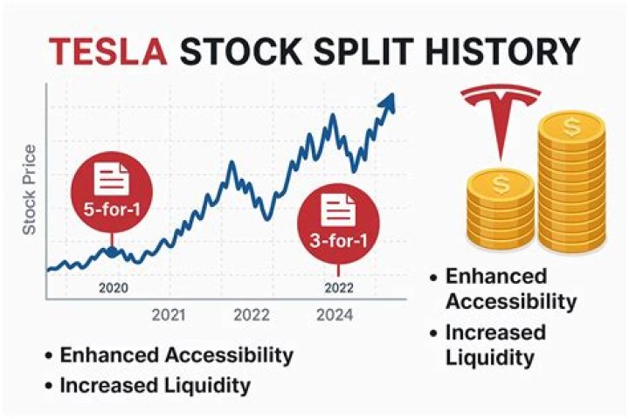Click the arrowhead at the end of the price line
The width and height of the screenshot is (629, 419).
(x=385, y=102)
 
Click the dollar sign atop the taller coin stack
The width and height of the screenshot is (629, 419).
(x=572, y=128)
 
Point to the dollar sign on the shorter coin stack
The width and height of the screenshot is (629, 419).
(x=501, y=184)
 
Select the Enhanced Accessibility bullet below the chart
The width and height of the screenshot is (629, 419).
(x=175, y=355)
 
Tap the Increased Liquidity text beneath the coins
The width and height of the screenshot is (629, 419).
(x=495, y=345)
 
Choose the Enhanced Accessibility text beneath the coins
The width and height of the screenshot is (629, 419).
(x=510, y=289)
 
